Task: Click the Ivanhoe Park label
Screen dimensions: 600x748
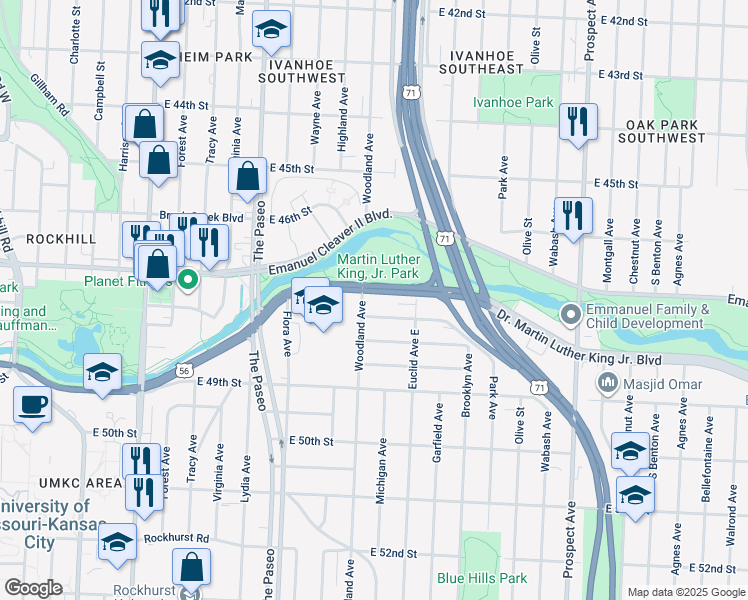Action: click(x=513, y=102)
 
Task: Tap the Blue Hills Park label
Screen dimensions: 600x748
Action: click(x=481, y=578)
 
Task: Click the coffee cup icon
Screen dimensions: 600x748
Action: click(x=33, y=405)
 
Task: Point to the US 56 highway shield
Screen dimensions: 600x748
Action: click(x=183, y=370)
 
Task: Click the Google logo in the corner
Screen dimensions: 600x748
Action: click(x=33, y=588)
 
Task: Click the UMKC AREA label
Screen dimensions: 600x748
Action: click(x=52, y=483)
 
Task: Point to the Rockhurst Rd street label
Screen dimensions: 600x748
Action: click(x=175, y=537)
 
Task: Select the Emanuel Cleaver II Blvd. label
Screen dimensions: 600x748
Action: click(x=327, y=242)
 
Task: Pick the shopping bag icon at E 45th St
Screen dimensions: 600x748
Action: click(x=247, y=177)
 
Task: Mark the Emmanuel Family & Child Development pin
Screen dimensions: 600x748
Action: click(x=572, y=316)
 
